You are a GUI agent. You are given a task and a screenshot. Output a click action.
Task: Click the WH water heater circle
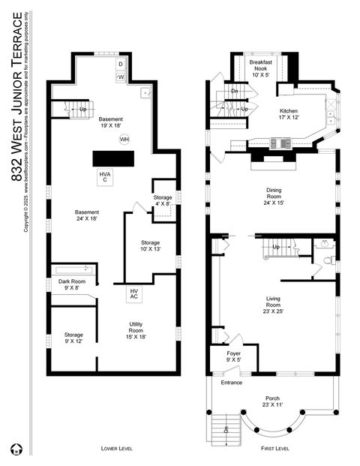tap(124, 139)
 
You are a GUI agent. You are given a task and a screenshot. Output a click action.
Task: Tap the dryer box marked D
tap(121, 65)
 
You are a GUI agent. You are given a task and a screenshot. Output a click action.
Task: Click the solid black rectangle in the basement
tap(113, 158)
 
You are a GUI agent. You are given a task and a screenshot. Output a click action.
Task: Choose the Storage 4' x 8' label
tap(163, 200)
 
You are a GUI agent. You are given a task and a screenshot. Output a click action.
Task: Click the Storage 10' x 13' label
tap(151, 246)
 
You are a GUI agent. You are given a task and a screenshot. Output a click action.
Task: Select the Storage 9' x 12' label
tap(73, 338)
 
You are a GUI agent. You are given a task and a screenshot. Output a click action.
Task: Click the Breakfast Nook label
tap(261, 68)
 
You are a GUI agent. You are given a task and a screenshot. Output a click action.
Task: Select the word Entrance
tap(232, 383)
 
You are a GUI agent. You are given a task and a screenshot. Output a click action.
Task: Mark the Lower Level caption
tap(118, 448)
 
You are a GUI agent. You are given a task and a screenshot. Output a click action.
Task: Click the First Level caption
tap(274, 448)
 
